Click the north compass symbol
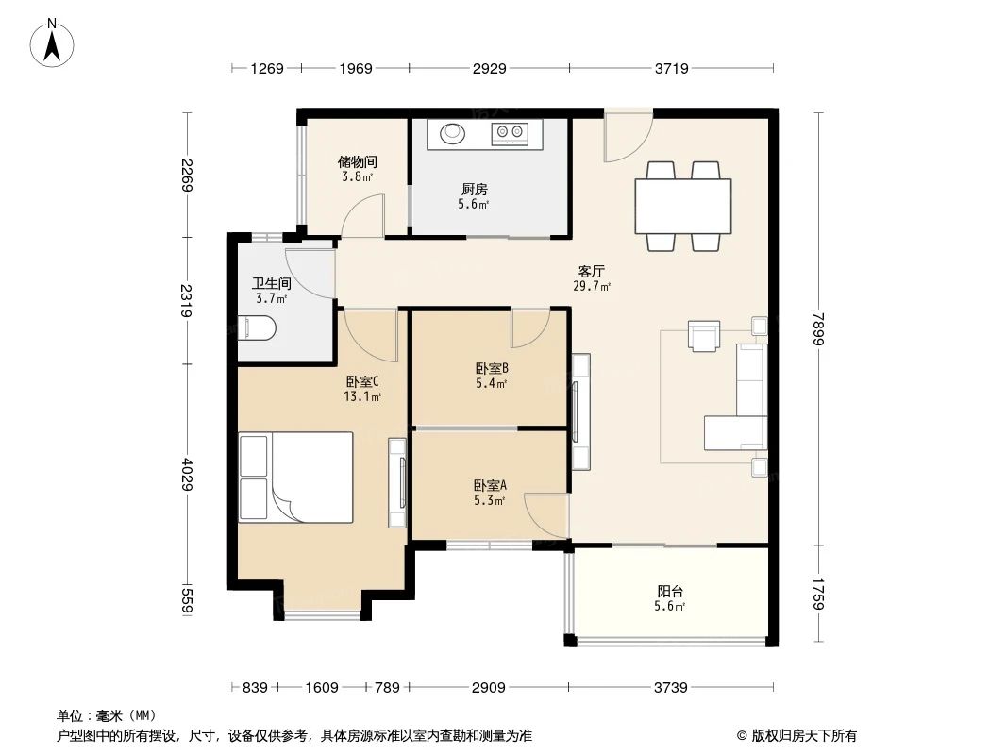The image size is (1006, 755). click(x=55, y=42)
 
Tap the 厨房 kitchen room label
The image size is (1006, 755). click(x=474, y=190)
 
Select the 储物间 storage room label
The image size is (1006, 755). click(x=356, y=161)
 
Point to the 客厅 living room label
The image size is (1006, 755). click(x=592, y=271)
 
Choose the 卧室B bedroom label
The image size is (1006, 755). click(x=492, y=369)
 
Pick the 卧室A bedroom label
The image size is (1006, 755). click(x=490, y=485)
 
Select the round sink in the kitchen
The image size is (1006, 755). click(x=451, y=134)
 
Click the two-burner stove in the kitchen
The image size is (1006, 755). click(x=511, y=134)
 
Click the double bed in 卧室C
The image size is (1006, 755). click(x=296, y=477)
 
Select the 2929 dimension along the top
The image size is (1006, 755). click(x=490, y=68)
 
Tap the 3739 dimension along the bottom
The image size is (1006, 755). click(x=670, y=687)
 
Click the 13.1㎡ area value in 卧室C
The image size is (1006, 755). click(x=362, y=397)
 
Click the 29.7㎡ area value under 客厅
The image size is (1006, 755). click(x=592, y=286)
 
